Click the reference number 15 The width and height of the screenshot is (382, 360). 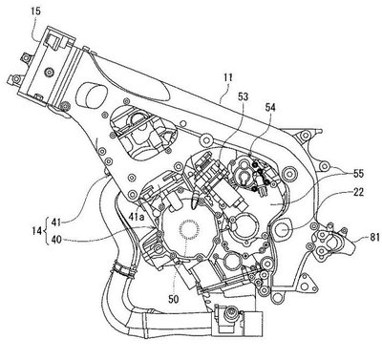tap(36, 11)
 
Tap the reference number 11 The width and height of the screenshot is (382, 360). tap(228, 77)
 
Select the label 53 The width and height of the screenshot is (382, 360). tap(243, 96)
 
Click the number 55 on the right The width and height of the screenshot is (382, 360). tap(357, 174)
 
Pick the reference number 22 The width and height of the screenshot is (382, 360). tap(357, 193)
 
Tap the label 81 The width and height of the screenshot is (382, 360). tap(373, 237)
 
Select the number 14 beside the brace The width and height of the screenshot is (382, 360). tap(37, 231)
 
